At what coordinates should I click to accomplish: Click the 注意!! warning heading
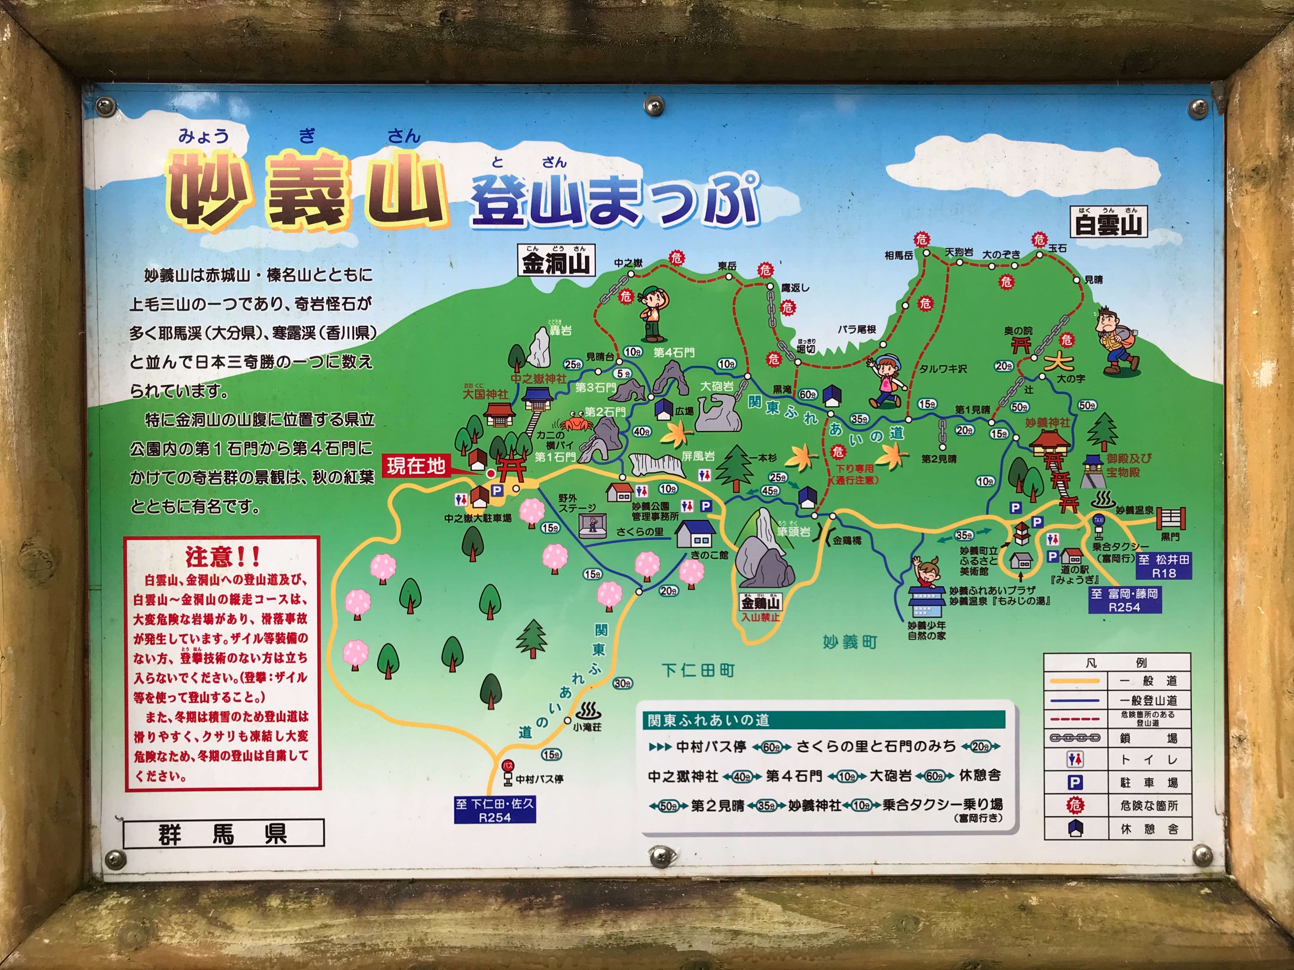pyautogui.click(x=222, y=556)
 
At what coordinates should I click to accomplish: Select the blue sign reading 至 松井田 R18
pyautogui.click(x=1164, y=566)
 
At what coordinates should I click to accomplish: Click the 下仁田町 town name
pyautogui.click(x=698, y=670)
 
